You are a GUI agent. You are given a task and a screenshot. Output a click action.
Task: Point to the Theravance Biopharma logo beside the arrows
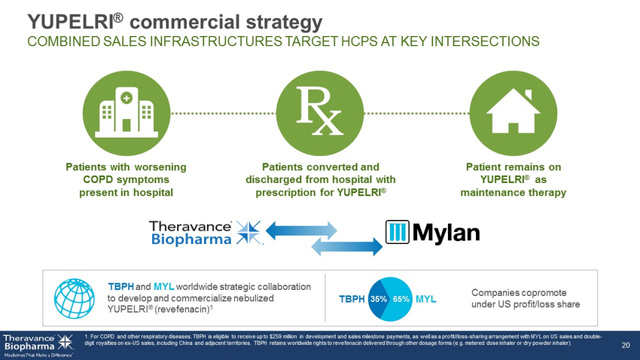(206, 233)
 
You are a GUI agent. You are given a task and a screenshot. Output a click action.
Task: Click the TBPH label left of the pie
(352, 299)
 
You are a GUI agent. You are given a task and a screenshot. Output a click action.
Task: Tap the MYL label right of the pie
(426, 299)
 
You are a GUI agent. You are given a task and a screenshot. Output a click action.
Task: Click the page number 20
(624, 346)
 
